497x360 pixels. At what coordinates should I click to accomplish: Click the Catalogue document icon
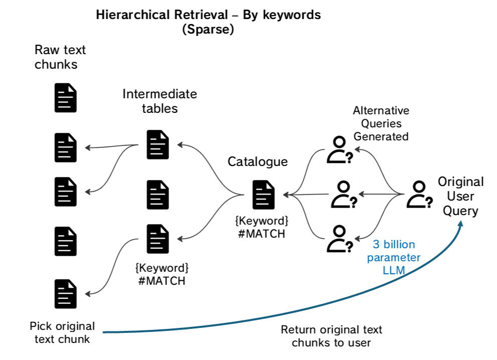click(x=263, y=195)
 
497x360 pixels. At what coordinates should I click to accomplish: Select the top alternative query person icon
click(x=340, y=150)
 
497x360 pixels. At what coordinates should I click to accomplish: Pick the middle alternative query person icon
click(x=344, y=195)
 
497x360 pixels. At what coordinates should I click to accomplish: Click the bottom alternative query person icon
click(x=340, y=239)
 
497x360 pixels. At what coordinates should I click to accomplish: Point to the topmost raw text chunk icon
click(x=66, y=98)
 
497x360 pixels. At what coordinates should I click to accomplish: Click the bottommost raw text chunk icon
click(x=66, y=294)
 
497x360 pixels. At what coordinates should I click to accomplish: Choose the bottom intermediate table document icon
click(x=158, y=239)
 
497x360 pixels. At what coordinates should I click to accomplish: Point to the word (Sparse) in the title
click(x=208, y=29)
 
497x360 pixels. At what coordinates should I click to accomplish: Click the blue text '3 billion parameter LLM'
click(x=394, y=257)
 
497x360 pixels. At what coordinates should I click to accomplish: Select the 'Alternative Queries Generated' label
click(x=381, y=123)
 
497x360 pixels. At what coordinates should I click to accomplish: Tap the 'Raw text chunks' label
click(x=60, y=57)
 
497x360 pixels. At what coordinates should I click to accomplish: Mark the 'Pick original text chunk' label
click(x=62, y=332)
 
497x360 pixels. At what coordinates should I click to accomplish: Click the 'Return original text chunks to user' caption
click(x=331, y=336)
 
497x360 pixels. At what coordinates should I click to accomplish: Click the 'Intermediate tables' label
click(x=159, y=101)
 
